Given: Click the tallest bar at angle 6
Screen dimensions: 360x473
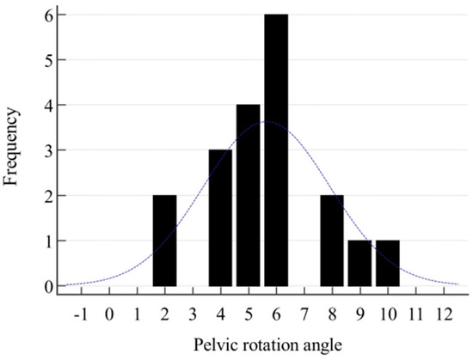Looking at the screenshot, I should tap(276, 150).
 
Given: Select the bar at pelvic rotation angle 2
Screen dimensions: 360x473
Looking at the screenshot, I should tap(164, 241).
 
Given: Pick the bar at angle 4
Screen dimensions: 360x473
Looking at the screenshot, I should tap(220, 218).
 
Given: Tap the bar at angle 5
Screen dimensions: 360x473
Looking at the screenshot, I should tap(249, 196).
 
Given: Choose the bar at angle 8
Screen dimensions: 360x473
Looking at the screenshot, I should tap(332, 241).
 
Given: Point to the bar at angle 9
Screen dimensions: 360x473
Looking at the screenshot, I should tap(359, 264).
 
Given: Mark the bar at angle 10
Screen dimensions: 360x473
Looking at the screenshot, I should tap(388, 264).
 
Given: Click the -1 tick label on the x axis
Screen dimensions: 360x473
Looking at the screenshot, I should tap(80, 314).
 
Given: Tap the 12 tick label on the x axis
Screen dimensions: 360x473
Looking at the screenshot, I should tap(444, 314).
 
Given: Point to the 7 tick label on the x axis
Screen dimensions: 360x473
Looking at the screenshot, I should tap(304, 314).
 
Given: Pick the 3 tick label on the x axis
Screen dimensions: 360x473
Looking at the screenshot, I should tap(193, 314).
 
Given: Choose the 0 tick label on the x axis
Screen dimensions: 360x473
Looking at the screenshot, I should tap(109, 314).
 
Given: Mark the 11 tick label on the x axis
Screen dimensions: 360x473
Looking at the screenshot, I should tap(415, 314).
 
